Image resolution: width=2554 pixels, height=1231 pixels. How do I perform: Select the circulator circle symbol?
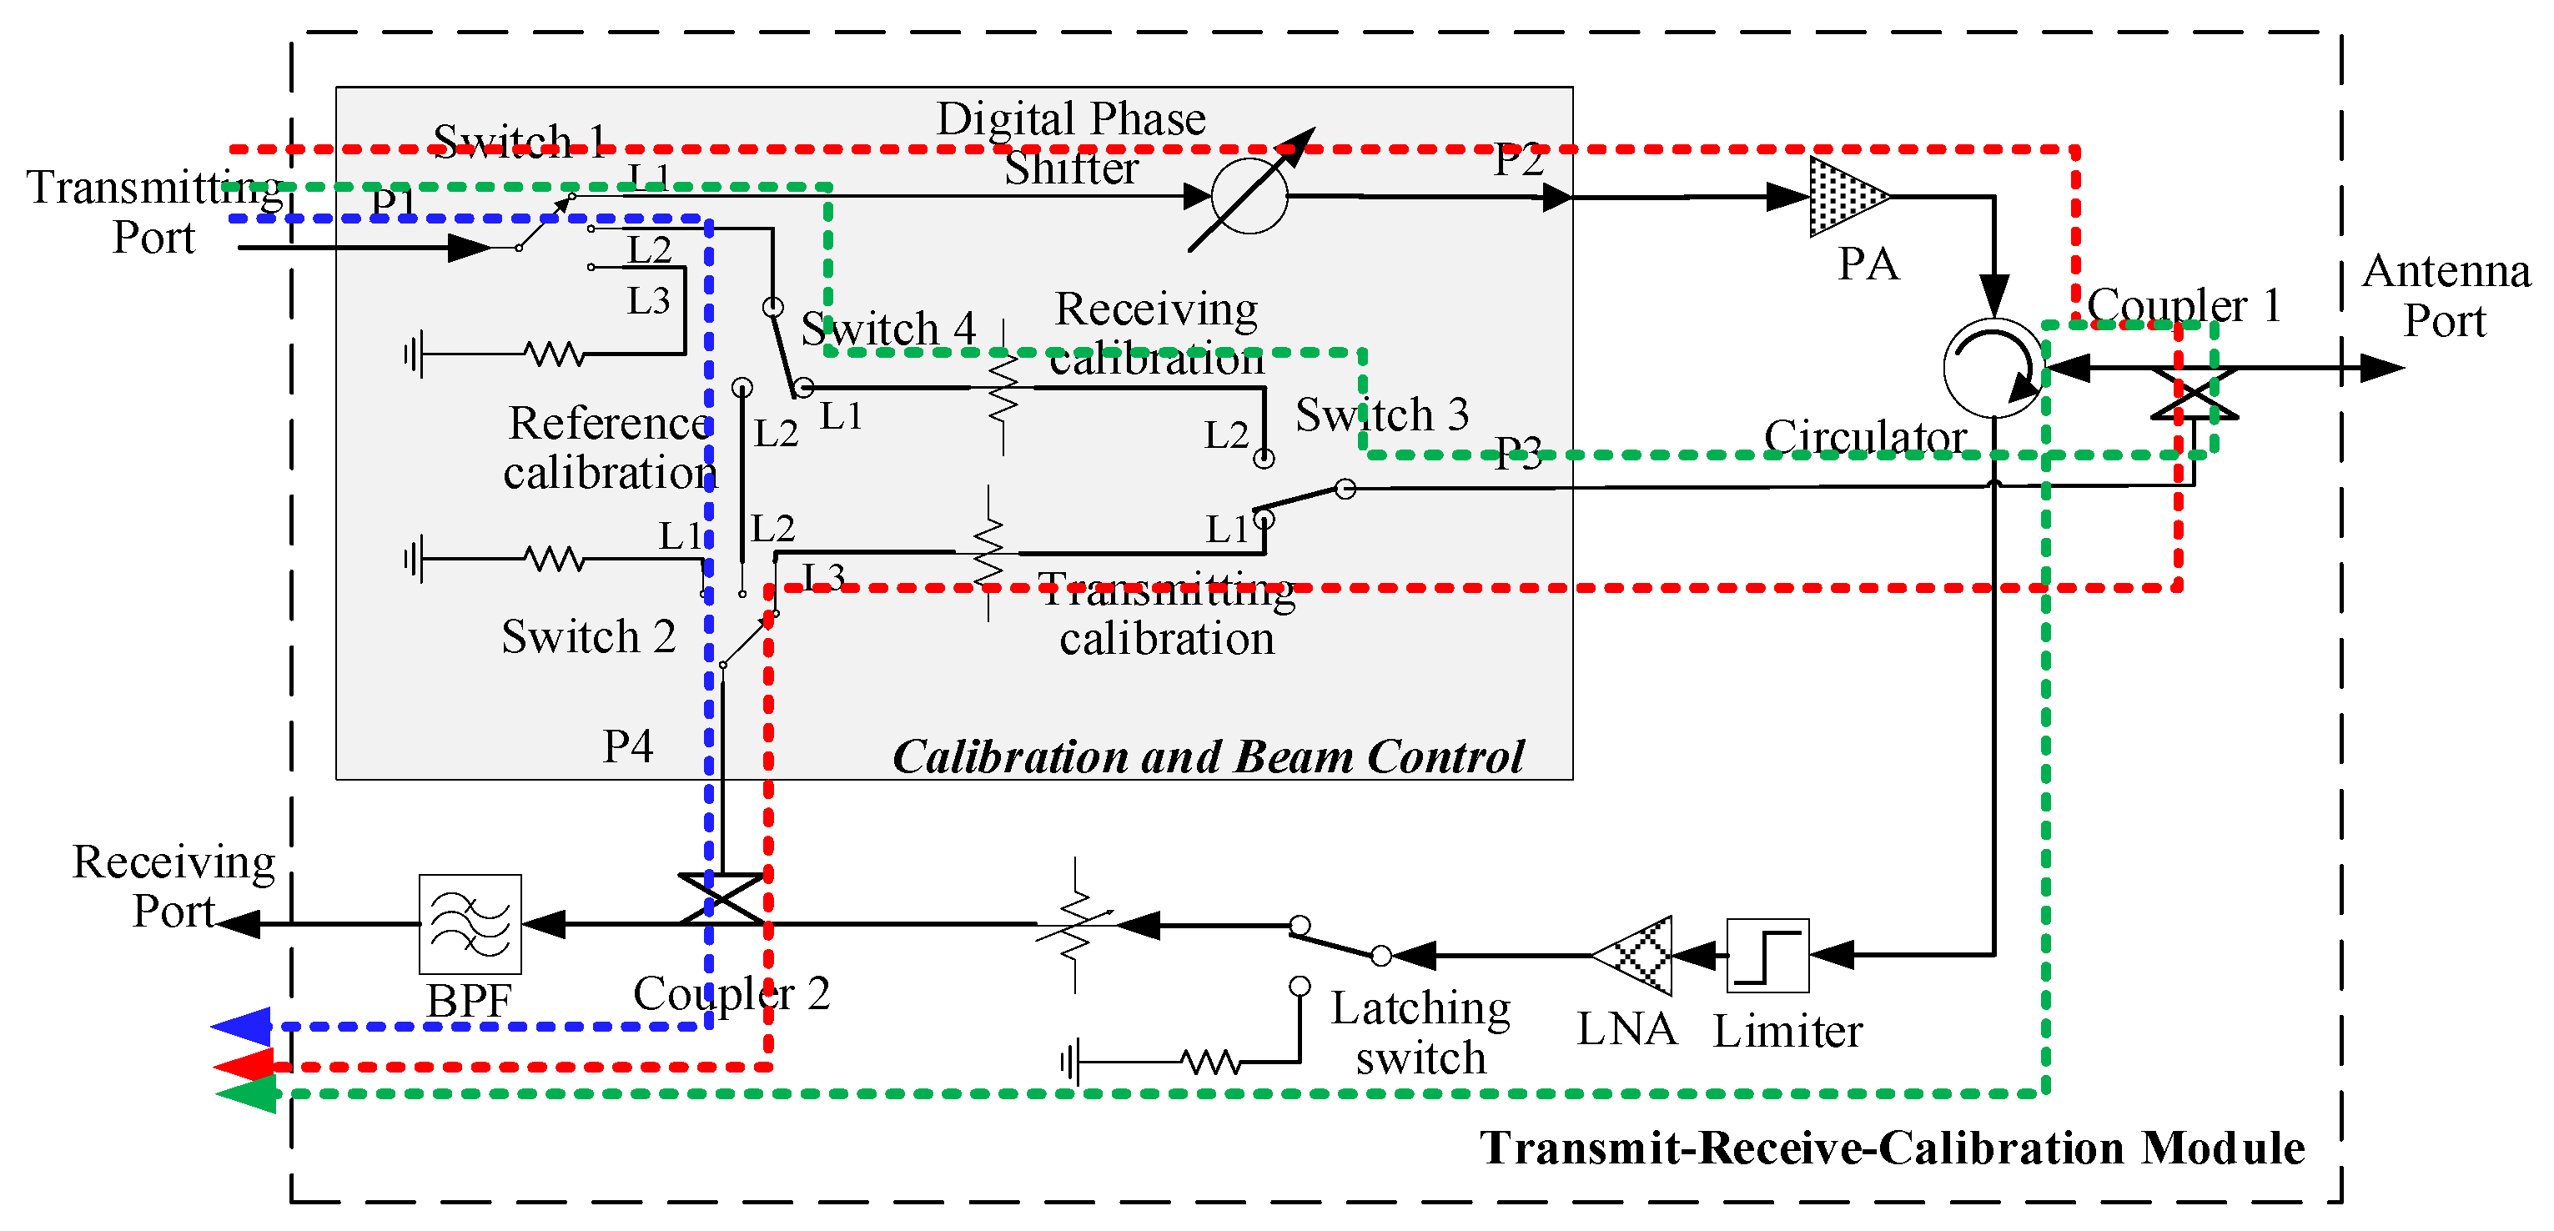[1993, 367]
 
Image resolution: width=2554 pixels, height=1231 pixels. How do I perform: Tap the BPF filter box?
[470, 924]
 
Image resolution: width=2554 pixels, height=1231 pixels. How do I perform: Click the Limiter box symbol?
[1767, 956]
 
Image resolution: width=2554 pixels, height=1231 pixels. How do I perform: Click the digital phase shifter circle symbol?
[1249, 195]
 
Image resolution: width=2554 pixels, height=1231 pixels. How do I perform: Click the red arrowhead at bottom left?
[244, 1067]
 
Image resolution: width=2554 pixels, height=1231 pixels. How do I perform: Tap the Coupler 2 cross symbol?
[721, 899]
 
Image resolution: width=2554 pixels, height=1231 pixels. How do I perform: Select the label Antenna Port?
[2446, 295]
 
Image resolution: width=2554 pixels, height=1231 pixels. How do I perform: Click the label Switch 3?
[1381, 415]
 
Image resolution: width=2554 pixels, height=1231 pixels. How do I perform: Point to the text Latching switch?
[1420, 1033]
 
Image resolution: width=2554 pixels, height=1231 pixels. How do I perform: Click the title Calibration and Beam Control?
[1207, 757]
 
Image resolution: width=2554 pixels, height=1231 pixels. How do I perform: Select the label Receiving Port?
[173, 886]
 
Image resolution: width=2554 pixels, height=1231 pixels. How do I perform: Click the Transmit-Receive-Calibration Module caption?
[1892, 1148]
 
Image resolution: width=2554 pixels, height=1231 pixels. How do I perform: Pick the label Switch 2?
[588, 636]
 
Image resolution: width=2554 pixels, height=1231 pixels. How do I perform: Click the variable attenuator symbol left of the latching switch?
[1076, 924]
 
